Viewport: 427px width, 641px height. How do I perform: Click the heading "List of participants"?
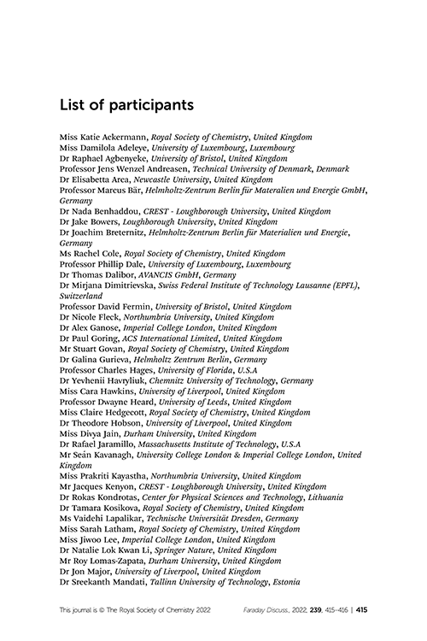(126, 105)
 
